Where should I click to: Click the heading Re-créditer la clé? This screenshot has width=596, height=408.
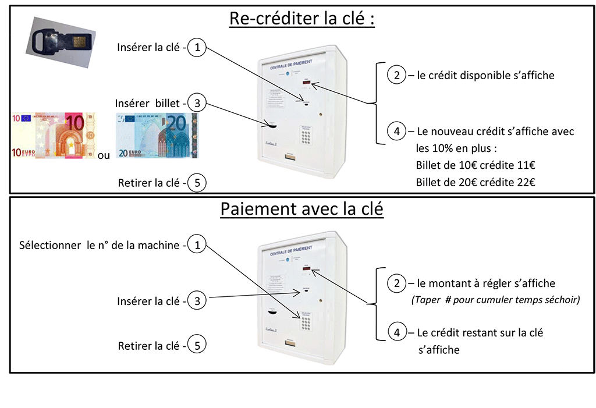301,19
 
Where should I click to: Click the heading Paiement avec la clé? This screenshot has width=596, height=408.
301,209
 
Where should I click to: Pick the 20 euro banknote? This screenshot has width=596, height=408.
157,136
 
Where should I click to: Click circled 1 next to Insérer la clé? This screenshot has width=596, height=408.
197,48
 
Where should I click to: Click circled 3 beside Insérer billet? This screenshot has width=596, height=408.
197,104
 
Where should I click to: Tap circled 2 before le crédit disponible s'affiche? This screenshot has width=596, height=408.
396,75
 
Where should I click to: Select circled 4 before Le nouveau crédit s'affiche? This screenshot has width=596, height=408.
396,132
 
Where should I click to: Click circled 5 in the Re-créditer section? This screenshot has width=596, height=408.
197,183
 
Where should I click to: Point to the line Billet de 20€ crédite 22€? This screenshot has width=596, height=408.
476,182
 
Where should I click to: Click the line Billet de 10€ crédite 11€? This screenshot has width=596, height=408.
476,165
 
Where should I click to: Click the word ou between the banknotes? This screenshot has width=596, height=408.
104,155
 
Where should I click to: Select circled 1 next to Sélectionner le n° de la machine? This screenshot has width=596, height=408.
197,245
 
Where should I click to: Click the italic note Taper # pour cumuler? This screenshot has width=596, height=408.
495,300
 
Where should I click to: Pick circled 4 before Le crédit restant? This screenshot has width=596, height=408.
396,333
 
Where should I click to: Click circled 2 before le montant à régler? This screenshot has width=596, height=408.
396,283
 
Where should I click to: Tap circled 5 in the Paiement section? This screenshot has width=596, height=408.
197,346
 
